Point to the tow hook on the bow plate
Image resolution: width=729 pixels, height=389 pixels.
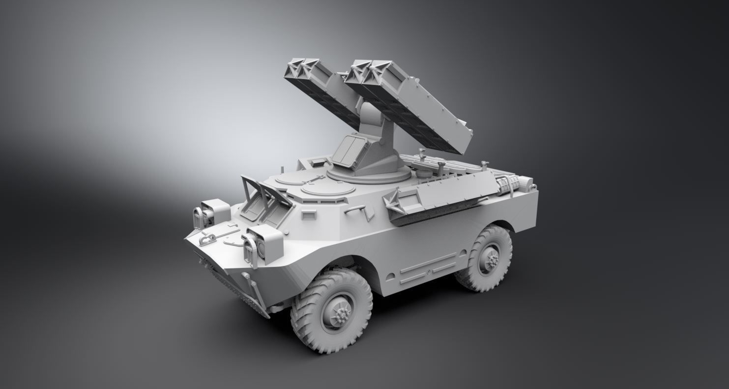[207, 239]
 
